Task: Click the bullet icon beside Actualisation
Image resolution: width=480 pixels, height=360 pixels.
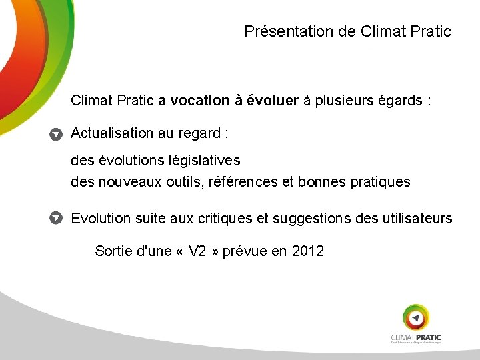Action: [57, 134]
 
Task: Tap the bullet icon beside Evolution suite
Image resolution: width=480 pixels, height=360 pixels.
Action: [57, 219]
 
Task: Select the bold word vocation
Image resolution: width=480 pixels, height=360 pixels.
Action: [199, 101]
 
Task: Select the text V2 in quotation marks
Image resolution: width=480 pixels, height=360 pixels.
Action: [198, 251]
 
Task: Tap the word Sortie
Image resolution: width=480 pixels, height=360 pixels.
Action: [113, 251]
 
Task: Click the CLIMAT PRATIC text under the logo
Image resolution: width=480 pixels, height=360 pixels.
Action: [416, 337]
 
